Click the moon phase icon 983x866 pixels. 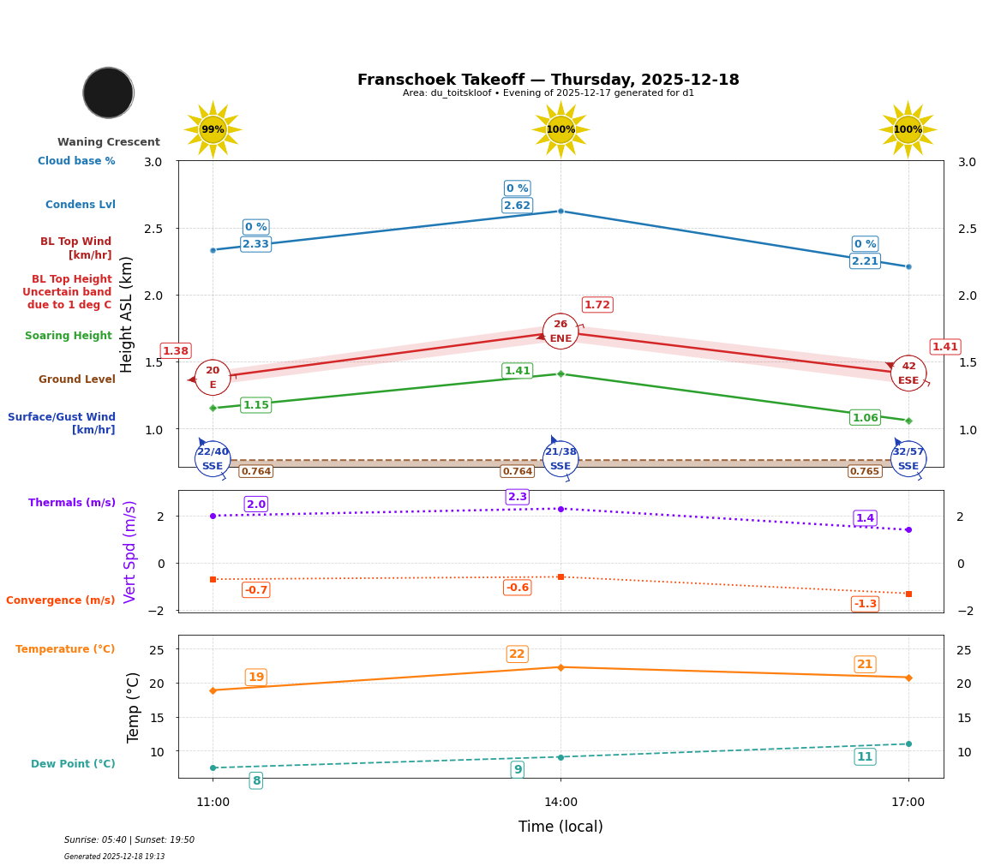tap(108, 93)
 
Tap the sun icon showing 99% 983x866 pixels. tap(213, 129)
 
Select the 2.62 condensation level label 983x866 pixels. tap(517, 206)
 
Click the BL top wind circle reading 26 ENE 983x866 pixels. tap(560, 331)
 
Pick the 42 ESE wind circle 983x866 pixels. tap(908, 373)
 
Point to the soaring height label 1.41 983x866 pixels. tap(517, 371)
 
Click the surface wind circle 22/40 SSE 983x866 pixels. tap(213, 459)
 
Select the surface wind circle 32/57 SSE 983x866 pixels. tap(908, 459)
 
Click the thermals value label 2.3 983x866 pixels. tap(517, 497)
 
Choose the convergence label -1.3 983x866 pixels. tap(865, 604)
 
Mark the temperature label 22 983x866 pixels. tap(517, 654)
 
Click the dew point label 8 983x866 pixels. tap(255, 780)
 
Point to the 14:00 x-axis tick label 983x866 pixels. tap(560, 803)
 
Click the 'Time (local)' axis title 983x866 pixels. tap(560, 827)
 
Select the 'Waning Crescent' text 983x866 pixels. tap(108, 142)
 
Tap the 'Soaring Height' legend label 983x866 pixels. tap(69, 336)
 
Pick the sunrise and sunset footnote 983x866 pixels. tap(129, 840)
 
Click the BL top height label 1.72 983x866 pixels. tap(596, 305)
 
